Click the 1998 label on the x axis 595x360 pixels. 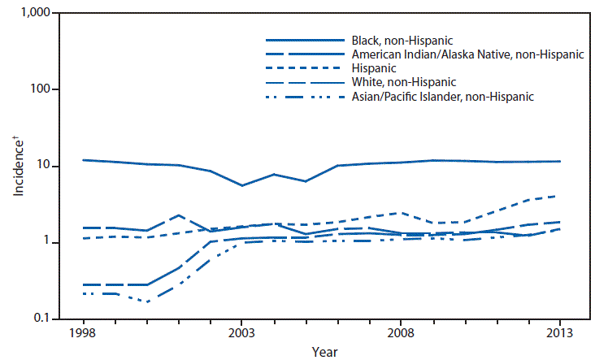coord(85,332)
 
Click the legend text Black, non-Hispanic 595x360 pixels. coord(402,39)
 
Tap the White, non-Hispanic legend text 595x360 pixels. coord(403,83)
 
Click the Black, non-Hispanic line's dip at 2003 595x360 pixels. coord(241,185)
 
